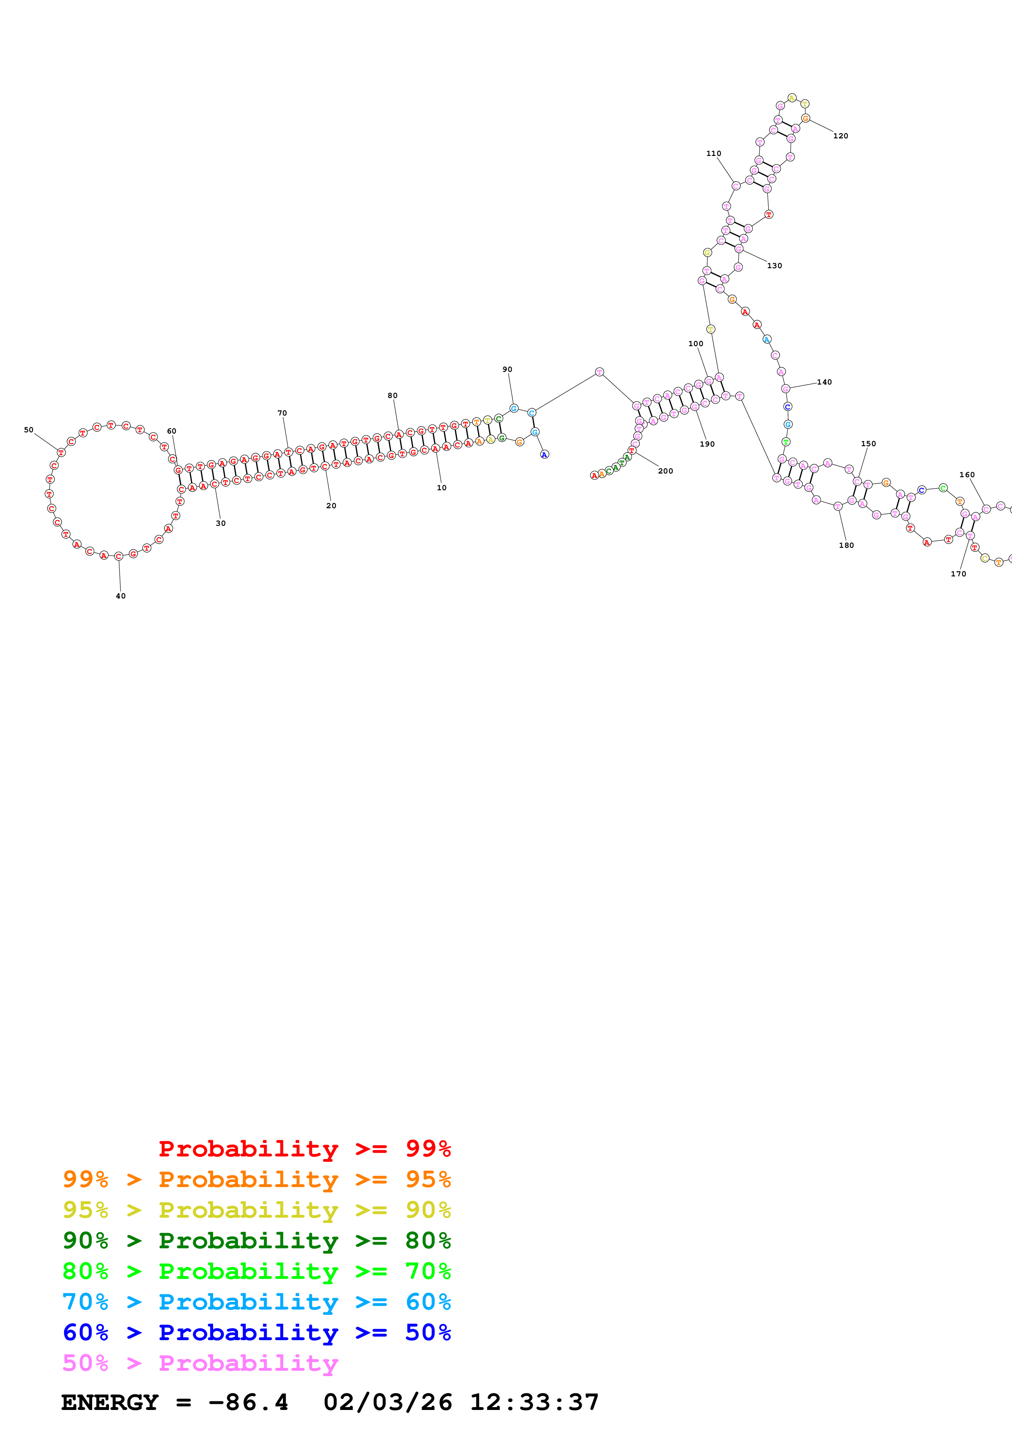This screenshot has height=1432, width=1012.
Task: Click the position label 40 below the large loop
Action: [x=120, y=596]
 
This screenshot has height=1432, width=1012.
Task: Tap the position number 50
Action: [x=29, y=430]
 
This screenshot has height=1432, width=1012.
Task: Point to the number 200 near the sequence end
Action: [x=665, y=471]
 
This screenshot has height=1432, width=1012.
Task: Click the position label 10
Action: [x=441, y=488]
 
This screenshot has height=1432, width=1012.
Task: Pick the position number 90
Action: [x=507, y=369]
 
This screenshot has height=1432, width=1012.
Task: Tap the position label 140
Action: [x=824, y=382]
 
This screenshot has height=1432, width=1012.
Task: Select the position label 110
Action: [x=713, y=153]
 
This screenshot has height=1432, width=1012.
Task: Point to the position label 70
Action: [x=282, y=413]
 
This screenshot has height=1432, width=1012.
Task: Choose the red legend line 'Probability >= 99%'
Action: [x=304, y=1149]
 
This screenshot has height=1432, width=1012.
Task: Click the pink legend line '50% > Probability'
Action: [x=200, y=1363]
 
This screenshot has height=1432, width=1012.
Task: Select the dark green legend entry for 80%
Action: [x=256, y=1241]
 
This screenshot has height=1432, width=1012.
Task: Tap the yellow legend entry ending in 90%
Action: [x=256, y=1210]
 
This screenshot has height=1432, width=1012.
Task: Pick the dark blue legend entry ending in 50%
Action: [x=256, y=1332]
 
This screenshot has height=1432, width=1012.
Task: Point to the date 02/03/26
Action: [x=387, y=1403]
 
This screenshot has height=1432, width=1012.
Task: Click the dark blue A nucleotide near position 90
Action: [x=544, y=455]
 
